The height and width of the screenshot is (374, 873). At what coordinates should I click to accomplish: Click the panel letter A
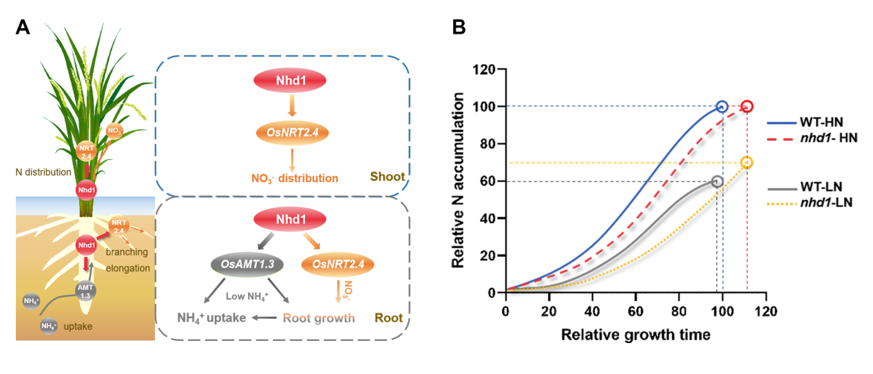23,28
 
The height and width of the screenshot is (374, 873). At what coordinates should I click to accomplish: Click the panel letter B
459,28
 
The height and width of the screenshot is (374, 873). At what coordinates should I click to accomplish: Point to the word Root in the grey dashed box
388,319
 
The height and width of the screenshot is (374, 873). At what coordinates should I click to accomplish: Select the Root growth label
319,318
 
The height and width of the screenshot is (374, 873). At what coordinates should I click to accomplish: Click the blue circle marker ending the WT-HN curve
722,107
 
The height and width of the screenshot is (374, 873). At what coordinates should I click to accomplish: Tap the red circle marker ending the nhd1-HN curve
747,107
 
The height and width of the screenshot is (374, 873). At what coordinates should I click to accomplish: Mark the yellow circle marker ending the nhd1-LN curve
747,163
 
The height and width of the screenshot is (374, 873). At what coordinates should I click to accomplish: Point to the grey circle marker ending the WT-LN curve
717,181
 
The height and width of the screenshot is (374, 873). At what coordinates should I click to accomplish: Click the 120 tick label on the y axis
486,70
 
